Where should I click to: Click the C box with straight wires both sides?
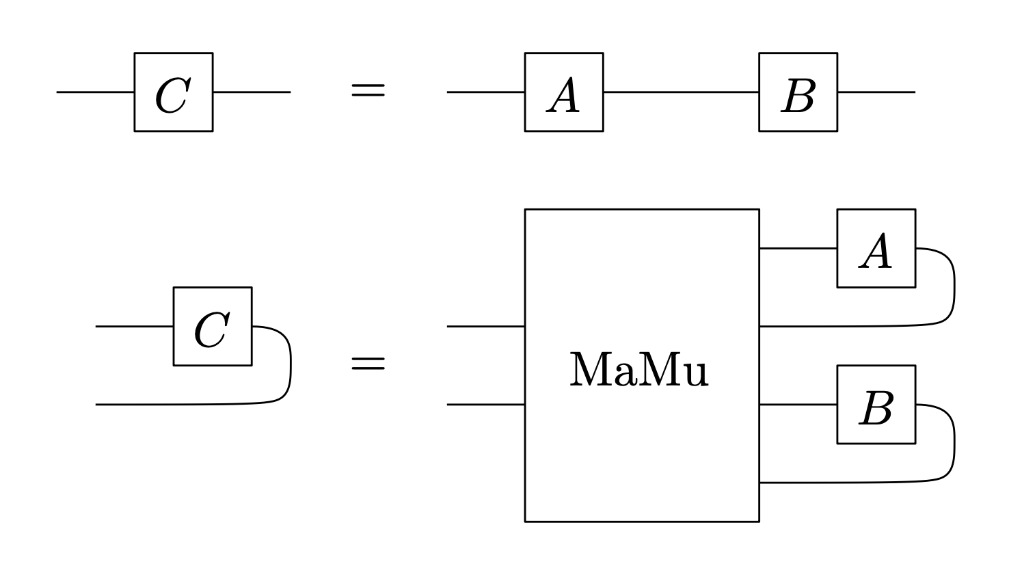(x=173, y=92)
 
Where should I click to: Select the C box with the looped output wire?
(x=213, y=327)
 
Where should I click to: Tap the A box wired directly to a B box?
(x=564, y=92)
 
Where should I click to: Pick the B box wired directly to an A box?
(x=798, y=92)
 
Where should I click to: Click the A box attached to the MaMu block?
(x=876, y=249)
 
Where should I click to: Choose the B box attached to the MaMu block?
(x=876, y=405)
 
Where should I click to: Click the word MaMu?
(x=639, y=370)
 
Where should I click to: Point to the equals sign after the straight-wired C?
(x=368, y=91)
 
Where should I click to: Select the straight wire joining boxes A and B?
(x=681, y=92)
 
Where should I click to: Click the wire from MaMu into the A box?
(x=798, y=249)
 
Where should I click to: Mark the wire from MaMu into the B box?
(x=798, y=405)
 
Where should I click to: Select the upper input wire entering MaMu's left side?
(x=485, y=327)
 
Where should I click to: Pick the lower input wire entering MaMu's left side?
(x=485, y=405)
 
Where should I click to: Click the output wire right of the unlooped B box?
(x=876, y=92)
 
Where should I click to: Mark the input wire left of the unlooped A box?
(x=485, y=92)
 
